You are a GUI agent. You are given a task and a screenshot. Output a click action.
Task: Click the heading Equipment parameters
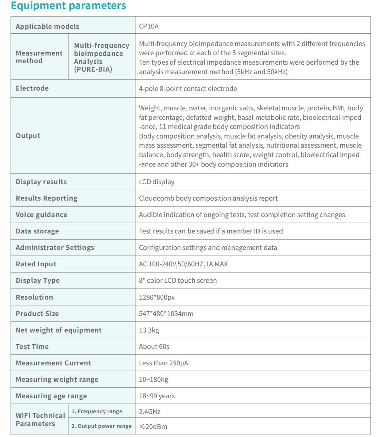(x=69, y=6)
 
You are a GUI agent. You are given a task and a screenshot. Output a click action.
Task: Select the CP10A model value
(x=149, y=26)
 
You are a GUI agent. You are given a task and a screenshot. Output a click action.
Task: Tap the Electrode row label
(x=32, y=88)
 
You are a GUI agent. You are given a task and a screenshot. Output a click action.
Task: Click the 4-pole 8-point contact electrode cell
(x=188, y=89)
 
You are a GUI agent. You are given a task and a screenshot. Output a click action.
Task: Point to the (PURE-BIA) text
(x=93, y=69)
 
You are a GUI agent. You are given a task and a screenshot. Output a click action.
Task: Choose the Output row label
(x=28, y=136)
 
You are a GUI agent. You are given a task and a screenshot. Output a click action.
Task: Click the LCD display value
(x=156, y=182)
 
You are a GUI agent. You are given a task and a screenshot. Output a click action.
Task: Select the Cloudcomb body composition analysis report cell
(x=208, y=198)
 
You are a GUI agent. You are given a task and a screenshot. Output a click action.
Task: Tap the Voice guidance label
(x=41, y=215)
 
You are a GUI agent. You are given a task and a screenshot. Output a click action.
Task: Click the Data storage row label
(x=37, y=231)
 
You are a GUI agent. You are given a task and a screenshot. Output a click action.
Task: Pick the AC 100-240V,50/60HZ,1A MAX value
(x=183, y=264)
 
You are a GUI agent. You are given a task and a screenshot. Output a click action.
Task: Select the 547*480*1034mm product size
(x=166, y=314)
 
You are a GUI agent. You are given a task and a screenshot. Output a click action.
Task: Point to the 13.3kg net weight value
(x=149, y=330)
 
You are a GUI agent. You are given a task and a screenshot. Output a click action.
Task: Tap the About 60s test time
(x=154, y=347)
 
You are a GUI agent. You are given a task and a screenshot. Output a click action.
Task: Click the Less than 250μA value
(x=163, y=363)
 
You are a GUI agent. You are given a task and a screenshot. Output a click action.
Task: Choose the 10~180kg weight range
(x=154, y=380)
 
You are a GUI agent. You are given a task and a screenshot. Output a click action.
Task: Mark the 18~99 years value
(x=157, y=396)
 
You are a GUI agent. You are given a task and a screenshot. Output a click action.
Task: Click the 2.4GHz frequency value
(x=150, y=412)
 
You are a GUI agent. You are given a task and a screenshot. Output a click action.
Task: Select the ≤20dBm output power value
(x=153, y=426)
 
